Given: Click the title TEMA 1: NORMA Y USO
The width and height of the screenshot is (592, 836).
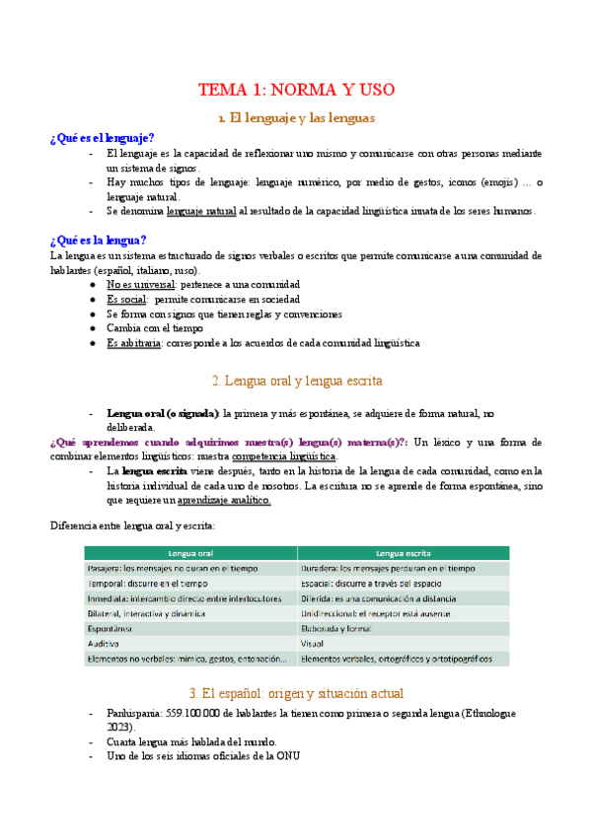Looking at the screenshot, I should pos(296,90).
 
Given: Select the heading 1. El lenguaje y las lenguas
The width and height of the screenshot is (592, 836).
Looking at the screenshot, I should pos(296,118).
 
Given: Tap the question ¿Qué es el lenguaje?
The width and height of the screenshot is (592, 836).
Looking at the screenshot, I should pos(102,138).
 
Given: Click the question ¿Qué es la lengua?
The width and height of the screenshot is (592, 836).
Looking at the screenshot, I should pos(99,240).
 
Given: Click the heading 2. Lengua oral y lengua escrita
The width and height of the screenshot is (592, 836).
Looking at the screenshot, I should pos(296,380).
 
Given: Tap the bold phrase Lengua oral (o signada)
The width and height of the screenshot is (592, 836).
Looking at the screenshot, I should pos(163,414).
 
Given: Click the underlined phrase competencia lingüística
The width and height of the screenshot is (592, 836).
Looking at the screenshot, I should pos(283,457).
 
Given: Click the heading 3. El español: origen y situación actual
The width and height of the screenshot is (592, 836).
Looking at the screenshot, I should pos(296,693).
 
